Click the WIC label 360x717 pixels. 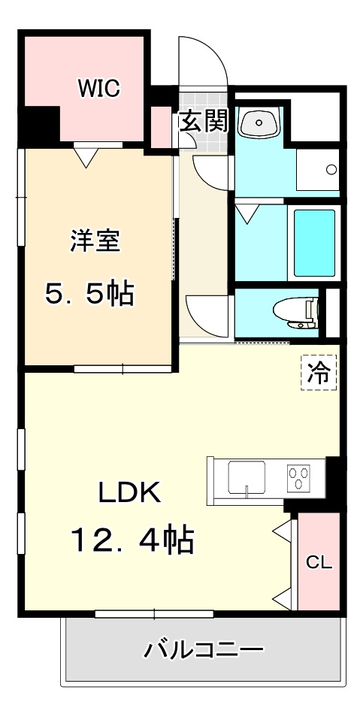click(99, 89)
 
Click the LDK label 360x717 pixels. click(129, 493)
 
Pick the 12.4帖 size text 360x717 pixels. click(132, 540)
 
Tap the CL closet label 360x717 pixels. click(319, 562)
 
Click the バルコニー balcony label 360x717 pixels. click(203, 648)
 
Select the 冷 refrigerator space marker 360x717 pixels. click(319, 374)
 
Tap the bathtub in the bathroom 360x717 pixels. click(313, 244)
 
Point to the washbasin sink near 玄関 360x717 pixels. click(259, 122)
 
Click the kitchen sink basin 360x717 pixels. click(247, 476)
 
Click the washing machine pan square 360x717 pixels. click(317, 169)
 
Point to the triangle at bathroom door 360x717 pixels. click(246, 214)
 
